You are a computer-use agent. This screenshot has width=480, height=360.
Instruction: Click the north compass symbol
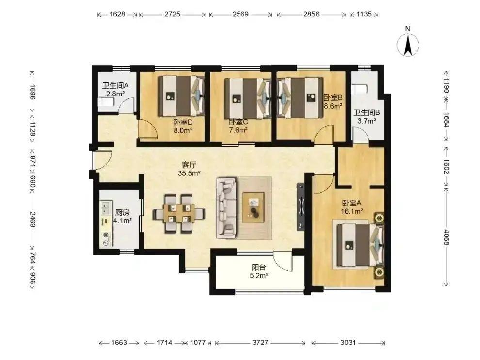408,45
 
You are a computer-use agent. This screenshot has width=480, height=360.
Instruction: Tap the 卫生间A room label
115,86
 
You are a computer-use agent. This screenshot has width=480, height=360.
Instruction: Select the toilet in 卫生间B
359,89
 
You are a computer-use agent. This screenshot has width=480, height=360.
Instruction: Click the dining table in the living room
179,213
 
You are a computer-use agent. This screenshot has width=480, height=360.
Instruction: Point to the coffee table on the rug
254,207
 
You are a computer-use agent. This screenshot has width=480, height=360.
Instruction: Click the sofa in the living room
226,208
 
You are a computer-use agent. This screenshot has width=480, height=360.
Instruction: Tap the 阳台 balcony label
259,267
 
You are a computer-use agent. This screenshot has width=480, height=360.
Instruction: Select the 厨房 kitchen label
122,212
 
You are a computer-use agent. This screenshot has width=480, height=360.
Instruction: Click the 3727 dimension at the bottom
260,343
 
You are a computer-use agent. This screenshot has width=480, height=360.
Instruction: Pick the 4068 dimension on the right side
446,237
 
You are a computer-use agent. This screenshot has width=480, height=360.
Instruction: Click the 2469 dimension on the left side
32,219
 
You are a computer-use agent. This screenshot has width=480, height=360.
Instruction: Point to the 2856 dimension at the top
311,14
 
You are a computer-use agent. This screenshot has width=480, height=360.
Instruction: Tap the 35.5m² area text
189,173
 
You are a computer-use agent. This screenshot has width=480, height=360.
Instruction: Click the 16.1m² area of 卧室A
352,211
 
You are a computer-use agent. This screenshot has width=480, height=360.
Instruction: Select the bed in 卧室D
181,96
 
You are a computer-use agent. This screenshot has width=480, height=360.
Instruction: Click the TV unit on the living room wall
301,207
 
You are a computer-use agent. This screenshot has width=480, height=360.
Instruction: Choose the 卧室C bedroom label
238,122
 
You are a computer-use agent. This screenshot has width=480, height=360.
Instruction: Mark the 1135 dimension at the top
364,14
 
